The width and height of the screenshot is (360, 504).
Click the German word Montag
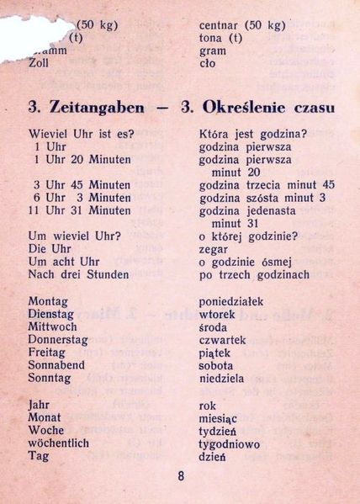49,301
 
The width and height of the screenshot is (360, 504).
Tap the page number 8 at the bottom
181,475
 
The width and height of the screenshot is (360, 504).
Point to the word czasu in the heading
309,108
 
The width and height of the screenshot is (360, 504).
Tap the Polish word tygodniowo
229,443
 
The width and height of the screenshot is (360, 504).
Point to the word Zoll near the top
39,63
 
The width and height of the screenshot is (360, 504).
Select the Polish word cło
207,63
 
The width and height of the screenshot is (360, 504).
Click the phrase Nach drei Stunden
78,274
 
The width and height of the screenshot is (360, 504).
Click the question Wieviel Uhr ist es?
82,133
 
